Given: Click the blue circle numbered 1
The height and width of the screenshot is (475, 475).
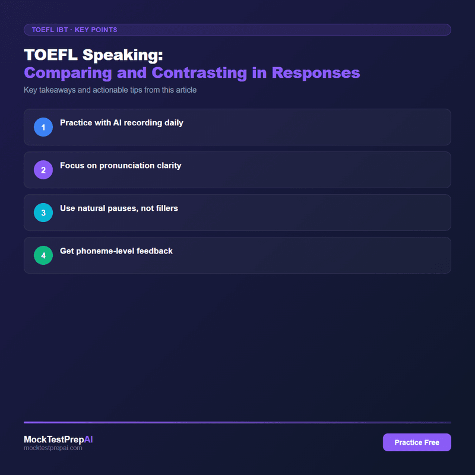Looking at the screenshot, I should (43, 127).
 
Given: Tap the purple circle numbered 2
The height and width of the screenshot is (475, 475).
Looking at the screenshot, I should (43, 170).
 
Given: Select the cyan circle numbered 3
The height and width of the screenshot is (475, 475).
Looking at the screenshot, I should (43, 213).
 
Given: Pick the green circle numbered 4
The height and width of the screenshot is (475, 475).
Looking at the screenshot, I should (43, 255).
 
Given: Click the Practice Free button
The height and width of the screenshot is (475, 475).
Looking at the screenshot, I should (417, 442).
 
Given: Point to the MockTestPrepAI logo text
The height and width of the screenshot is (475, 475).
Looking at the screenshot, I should (58, 439).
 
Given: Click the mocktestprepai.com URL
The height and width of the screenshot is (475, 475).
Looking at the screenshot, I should (53, 448).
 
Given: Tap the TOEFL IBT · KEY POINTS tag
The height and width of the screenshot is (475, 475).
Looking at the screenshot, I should (74, 29).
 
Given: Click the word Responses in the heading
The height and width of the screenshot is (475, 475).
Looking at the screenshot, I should (316, 73).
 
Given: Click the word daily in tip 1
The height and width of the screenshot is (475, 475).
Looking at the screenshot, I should (172, 123).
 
